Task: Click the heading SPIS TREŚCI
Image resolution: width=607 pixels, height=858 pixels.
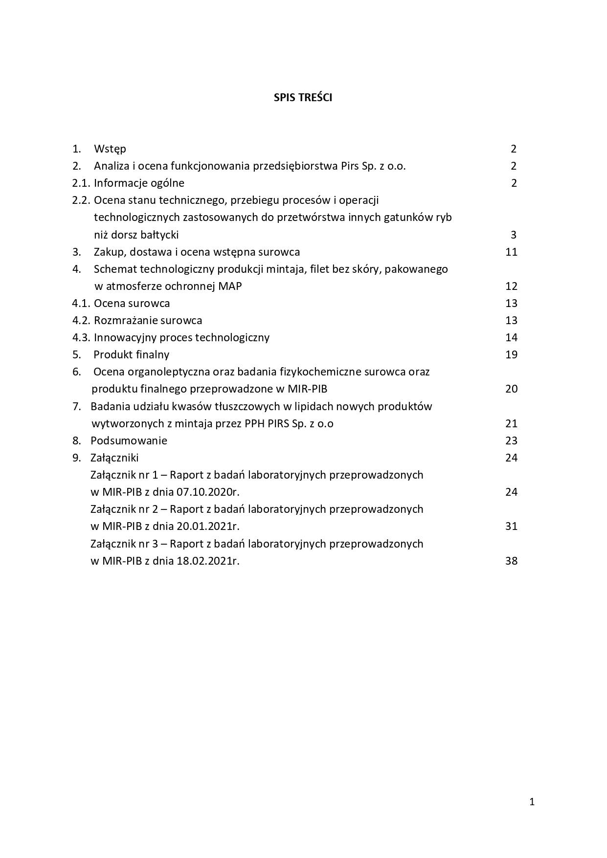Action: pyautogui.click(x=303, y=97)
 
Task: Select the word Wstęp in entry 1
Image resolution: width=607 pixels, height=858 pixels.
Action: pyautogui.click(x=110, y=149)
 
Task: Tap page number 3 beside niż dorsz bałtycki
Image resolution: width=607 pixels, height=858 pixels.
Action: pyautogui.click(x=514, y=235)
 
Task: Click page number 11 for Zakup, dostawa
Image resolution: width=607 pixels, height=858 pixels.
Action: pyautogui.click(x=511, y=252)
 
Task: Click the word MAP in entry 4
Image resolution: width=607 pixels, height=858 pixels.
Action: pyautogui.click(x=231, y=286)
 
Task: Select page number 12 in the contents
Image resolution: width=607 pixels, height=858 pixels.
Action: pyautogui.click(x=511, y=286)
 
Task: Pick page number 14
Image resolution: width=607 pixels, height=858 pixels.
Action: pyautogui.click(x=511, y=337)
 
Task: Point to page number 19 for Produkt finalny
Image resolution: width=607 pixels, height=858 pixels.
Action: pyautogui.click(x=511, y=354)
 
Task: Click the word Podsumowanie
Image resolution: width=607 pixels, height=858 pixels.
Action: pyautogui.click(x=129, y=440)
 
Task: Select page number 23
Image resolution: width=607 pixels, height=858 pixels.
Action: pyautogui.click(x=511, y=440)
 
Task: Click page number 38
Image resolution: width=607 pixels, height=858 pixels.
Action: pyautogui.click(x=511, y=561)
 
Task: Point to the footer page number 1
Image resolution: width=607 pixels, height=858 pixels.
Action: pyautogui.click(x=532, y=802)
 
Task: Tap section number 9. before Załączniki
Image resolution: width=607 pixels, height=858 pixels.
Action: pyautogui.click(x=76, y=458)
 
